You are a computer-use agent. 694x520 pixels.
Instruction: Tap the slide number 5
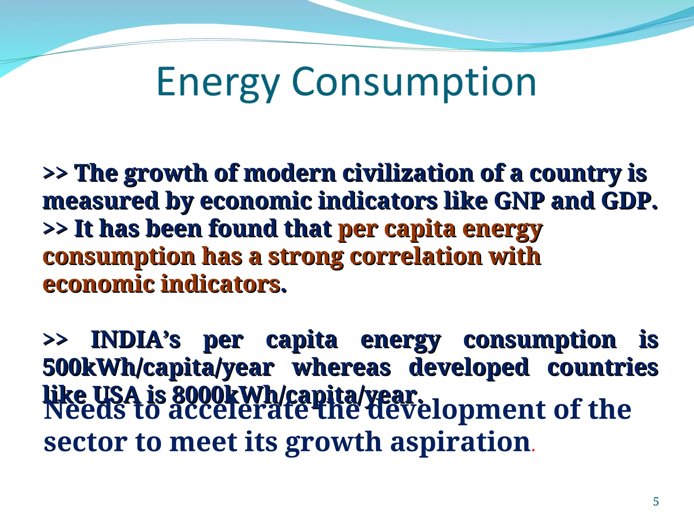point(656,501)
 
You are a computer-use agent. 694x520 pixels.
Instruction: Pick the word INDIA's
point(136,340)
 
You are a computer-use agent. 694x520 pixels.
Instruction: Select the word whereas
point(342,367)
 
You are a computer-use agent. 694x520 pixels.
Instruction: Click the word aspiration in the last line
point(460,442)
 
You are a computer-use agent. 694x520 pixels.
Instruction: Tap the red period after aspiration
point(533,450)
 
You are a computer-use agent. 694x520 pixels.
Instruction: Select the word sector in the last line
point(86,442)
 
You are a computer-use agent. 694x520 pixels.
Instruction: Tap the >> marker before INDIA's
point(55,340)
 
